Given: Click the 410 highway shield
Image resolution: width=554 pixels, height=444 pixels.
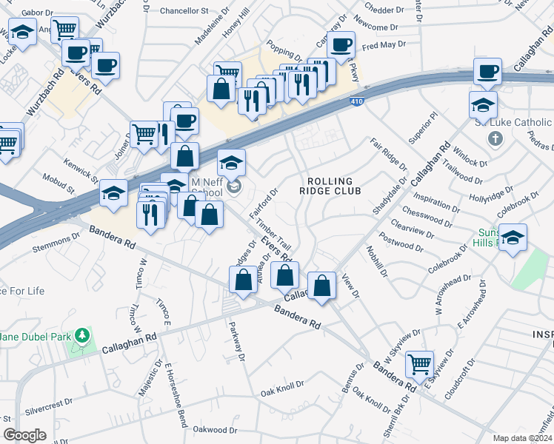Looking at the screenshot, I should click(357, 101).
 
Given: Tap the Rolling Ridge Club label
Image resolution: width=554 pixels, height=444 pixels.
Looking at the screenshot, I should click(333, 186).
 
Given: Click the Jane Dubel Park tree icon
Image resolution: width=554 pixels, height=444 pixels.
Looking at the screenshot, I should click(82, 337).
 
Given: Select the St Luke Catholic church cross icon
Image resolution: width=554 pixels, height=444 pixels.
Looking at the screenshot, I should click(496, 138).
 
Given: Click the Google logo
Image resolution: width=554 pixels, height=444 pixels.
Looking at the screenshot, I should click(24, 434).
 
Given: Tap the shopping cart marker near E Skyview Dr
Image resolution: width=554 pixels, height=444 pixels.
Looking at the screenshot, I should click(420, 363).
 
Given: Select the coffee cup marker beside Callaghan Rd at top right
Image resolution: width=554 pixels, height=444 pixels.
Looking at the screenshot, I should click(488, 71).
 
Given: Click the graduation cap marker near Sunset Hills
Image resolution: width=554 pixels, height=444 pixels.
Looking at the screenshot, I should click(513, 237).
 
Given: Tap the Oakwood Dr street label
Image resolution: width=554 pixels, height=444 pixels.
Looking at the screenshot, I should click(215, 429).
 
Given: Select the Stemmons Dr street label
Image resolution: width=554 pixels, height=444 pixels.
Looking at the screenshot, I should click(56, 245).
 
